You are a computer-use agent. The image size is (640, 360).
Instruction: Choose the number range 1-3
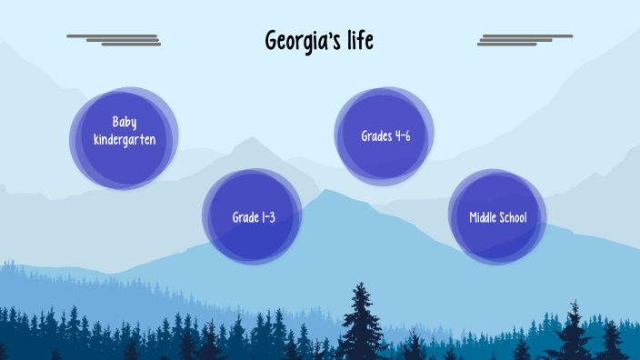pos(268,217)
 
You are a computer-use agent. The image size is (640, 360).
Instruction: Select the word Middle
pos(483,217)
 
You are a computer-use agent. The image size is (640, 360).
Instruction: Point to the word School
pos(512,217)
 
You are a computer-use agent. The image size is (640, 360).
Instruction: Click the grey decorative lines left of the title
pos(115,39)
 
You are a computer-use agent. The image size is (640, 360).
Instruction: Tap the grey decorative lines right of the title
pos(525,39)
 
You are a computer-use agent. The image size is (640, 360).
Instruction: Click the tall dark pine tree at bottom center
pos(363,323)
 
